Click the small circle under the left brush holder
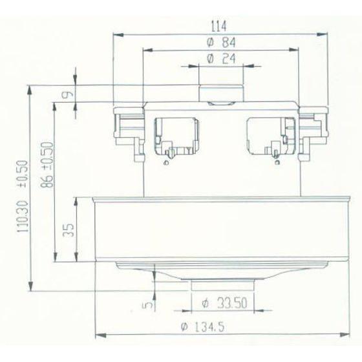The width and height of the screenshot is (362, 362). (x=167, y=164)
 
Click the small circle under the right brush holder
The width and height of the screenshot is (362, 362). (x=277, y=164)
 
